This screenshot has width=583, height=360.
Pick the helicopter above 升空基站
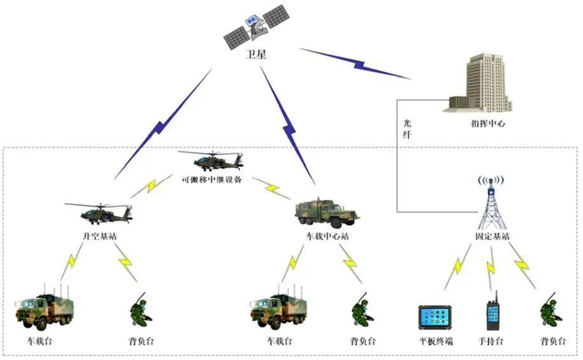(x=98, y=212)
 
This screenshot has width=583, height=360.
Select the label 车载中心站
(x=327, y=237)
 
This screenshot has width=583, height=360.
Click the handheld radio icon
(x=492, y=314)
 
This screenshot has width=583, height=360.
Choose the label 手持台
(x=493, y=342)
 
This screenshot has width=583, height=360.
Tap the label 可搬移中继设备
(x=212, y=179)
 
